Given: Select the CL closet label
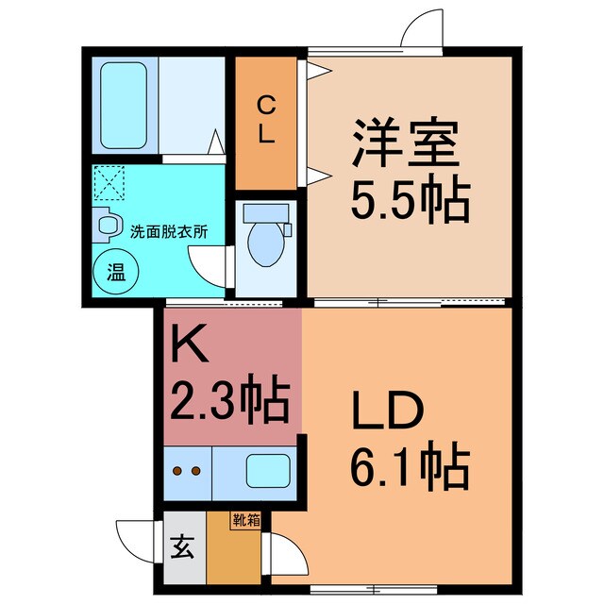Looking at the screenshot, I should pyautogui.click(x=267, y=119).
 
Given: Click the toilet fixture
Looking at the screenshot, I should pyautogui.click(x=265, y=241).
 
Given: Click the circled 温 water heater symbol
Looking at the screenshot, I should pyautogui.click(x=116, y=275).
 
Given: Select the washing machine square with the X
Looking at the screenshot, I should pyautogui.click(x=111, y=183).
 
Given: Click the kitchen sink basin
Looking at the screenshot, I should pyautogui.click(x=268, y=470).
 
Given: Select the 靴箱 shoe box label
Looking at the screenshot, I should pyautogui.click(x=246, y=518).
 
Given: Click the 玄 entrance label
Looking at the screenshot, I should pyautogui.click(x=179, y=548).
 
